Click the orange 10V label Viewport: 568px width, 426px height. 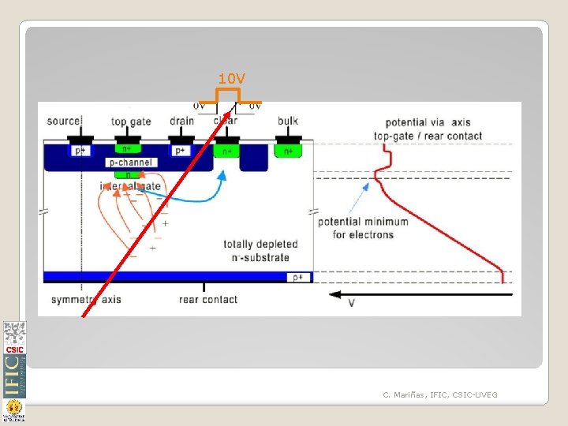[232, 79]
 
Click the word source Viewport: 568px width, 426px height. [64, 121]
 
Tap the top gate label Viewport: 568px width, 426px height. [131, 121]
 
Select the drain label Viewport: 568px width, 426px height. [181, 121]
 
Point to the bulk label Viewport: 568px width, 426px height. [288, 121]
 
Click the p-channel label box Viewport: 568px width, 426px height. [130, 163]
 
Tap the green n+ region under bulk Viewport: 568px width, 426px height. [288, 150]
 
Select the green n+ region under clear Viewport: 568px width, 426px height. [227, 151]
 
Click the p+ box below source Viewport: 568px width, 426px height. [80, 150]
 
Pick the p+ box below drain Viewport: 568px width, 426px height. [181, 150]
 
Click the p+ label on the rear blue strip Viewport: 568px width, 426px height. [298, 277]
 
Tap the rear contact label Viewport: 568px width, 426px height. [208, 299]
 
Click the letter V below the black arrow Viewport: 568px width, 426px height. [351, 304]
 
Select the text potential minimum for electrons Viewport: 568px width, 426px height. [363, 228]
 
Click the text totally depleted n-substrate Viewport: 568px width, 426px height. [256, 251]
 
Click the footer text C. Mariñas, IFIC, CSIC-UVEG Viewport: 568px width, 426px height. [440, 394]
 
